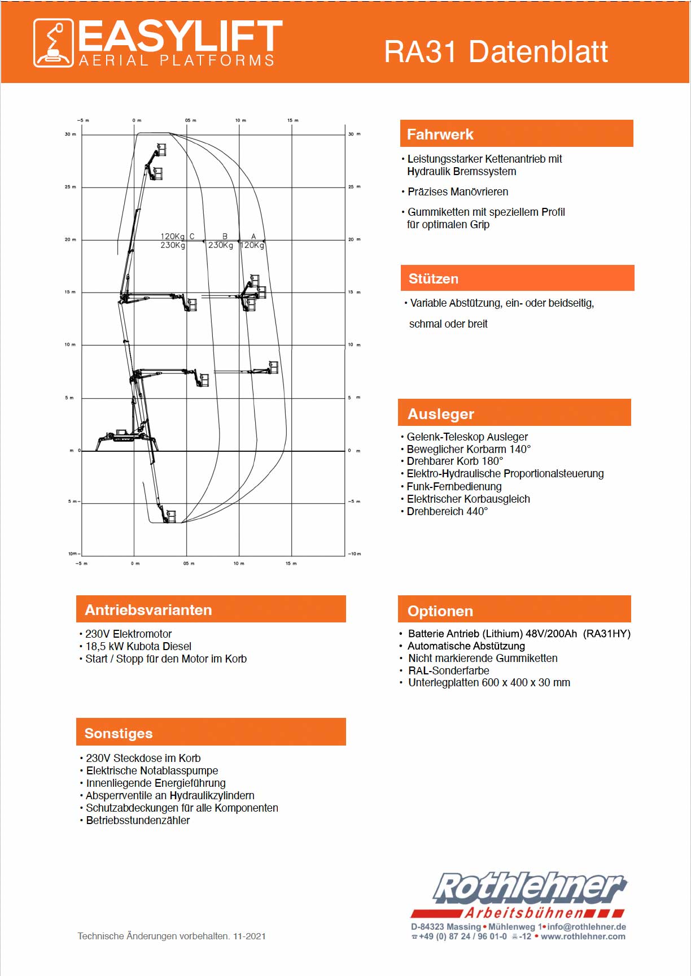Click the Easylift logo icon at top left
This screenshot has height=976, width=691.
(53, 43)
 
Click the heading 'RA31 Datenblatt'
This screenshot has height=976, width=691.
(496, 52)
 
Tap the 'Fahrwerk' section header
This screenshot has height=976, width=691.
(440, 134)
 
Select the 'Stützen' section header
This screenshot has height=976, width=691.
(434, 278)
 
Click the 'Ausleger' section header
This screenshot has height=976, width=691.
(441, 414)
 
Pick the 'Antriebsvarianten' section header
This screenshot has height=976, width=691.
(148, 610)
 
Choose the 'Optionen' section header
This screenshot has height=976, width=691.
(440, 611)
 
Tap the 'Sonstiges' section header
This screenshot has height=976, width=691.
(119, 733)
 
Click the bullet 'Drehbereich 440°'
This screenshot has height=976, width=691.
(447, 512)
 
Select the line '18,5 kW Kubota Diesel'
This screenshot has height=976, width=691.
(138, 646)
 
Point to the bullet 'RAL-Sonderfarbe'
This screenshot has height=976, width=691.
(448, 670)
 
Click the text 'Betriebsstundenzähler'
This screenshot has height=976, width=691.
(138, 821)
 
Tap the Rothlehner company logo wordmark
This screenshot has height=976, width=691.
(529, 887)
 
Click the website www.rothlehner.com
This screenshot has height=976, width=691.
(583, 936)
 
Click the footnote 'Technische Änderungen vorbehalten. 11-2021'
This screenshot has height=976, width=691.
(172, 936)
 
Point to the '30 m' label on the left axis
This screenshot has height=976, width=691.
(70, 134)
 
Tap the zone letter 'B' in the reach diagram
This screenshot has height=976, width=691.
(225, 236)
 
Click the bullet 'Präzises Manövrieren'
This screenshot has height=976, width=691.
(458, 192)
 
